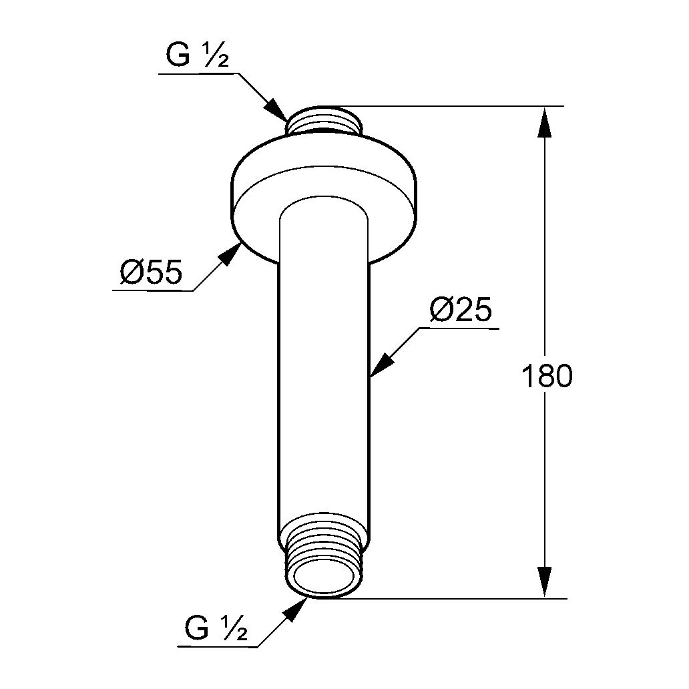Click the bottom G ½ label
(x=216, y=628)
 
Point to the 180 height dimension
(x=546, y=377)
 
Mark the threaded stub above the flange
(x=324, y=122)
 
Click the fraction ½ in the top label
(x=216, y=57)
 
